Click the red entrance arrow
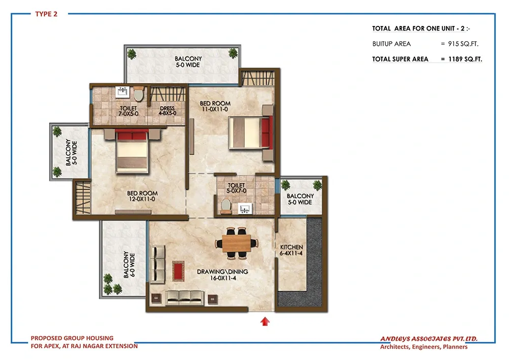click(265, 321)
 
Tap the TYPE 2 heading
click(46, 14)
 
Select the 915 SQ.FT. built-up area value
click(463, 44)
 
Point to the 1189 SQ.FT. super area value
click(465, 59)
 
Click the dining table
click(236, 243)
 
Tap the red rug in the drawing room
click(178, 271)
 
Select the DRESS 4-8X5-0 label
click(167, 110)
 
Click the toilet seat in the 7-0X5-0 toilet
click(138, 94)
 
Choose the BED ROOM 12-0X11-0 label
click(142, 196)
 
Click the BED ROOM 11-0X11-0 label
click(215, 106)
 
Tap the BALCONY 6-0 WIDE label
click(129, 265)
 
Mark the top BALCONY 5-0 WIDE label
click(188, 62)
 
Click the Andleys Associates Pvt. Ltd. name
click(429, 339)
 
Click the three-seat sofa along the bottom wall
click(184, 298)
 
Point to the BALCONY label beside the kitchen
click(300, 196)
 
